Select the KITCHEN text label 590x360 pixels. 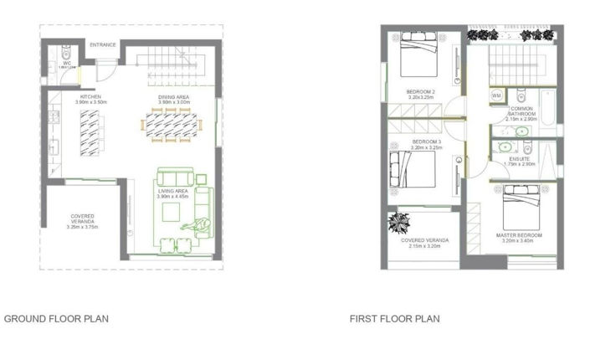point(91,97)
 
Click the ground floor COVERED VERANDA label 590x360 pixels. point(83,215)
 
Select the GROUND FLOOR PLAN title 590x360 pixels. point(57,319)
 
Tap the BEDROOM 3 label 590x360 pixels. point(427,141)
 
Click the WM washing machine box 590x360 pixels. point(495,95)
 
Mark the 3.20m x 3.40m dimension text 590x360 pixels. point(520,242)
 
